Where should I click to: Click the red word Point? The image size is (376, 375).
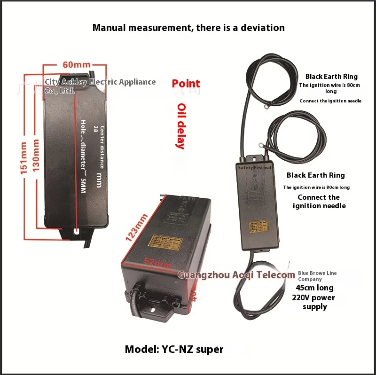[186, 84]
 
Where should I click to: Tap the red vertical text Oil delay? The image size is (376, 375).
[180, 125]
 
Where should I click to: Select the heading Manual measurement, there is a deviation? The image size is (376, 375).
[188, 27]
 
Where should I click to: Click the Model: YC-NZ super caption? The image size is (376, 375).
[174, 349]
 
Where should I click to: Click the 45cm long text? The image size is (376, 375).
[314, 288]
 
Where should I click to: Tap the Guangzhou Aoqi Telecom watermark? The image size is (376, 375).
[236, 275]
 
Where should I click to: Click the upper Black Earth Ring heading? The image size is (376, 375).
[331, 76]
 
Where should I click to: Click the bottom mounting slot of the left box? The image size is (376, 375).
[77, 231]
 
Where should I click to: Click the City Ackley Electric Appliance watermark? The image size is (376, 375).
[100, 86]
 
